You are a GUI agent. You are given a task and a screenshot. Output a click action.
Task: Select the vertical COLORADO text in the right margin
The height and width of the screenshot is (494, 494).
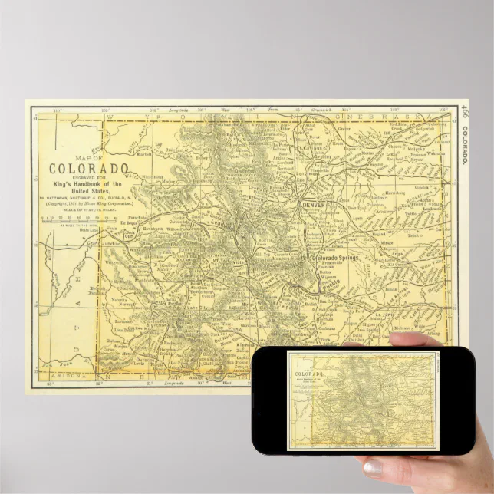pos(465,146)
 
